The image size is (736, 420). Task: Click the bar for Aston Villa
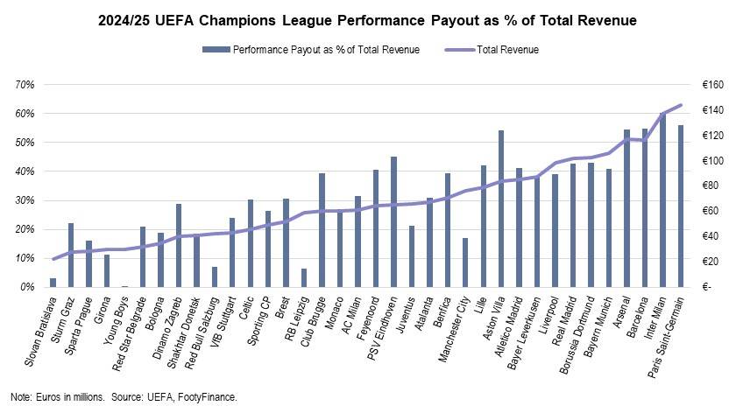pos(501,208)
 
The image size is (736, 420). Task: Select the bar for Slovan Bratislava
pos(53,283)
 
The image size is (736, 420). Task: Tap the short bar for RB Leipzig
pos(304,277)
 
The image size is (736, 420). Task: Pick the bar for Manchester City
pos(465,262)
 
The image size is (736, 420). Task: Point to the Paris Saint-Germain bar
pos(681,206)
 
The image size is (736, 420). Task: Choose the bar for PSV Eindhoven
pos(393,221)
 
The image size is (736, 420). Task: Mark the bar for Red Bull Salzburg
pos(215,277)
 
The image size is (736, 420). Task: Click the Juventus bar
pos(412,256)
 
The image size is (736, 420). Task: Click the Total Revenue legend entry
pos(492,50)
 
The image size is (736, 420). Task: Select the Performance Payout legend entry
pos(311,50)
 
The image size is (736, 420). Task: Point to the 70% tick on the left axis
pos(25,85)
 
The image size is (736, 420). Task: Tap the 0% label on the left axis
pos(27,287)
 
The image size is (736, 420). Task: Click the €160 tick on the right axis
pos(713,85)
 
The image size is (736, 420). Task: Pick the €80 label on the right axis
pos(711,185)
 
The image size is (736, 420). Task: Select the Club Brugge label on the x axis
pos(313,322)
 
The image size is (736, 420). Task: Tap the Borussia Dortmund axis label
pos(577,335)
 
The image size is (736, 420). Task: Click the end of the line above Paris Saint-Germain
pos(681,105)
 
